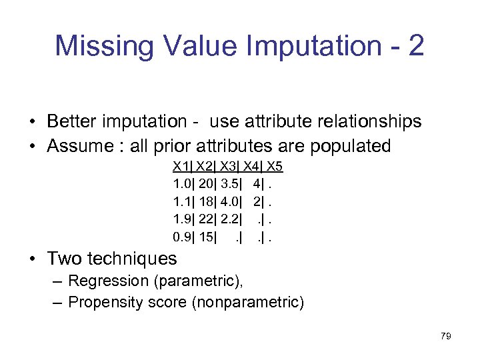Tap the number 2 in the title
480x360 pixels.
tap(414, 46)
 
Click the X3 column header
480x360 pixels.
tap(228, 166)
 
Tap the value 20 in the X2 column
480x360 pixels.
tap(206, 183)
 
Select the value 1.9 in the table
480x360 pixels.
tap(181, 218)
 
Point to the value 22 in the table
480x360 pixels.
tap(206, 218)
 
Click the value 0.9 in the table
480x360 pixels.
tap(181, 235)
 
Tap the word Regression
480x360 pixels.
tap(109, 281)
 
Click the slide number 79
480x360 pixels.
tap(445, 336)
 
